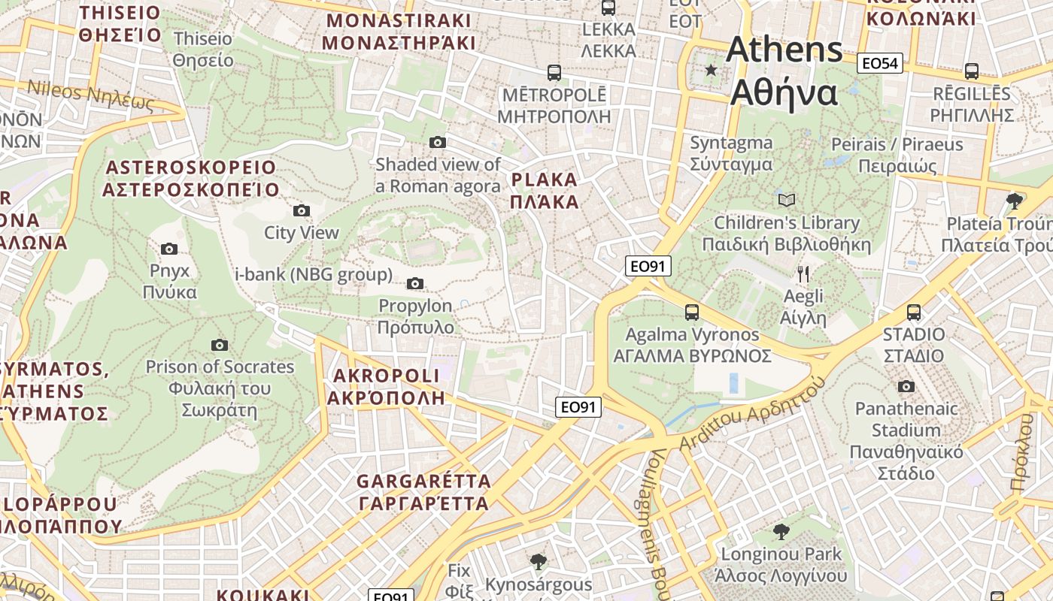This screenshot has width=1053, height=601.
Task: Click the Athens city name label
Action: coord(784,71)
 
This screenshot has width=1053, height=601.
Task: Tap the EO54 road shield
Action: coord(880,63)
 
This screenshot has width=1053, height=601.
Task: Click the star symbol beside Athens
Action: coord(711,70)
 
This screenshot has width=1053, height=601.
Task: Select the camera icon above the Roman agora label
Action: coord(437,142)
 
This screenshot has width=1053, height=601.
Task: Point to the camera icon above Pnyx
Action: coord(169,249)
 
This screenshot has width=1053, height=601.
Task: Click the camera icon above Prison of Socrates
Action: coord(219,345)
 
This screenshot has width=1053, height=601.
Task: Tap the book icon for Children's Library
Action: coord(786,200)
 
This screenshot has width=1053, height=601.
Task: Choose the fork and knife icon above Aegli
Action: coord(803,273)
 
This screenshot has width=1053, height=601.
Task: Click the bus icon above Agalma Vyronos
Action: coord(691,312)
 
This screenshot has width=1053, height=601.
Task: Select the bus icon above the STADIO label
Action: coord(914,312)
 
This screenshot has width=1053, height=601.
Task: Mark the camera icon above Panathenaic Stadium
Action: coord(906,386)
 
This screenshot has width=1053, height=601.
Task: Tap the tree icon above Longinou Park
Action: coord(781,532)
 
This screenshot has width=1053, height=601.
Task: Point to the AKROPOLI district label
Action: coord(385,386)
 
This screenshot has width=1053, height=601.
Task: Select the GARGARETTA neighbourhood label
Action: coord(423,492)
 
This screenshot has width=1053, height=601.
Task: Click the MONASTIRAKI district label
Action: coord(399,32)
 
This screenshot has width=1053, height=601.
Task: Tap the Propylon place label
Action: coord(416,316)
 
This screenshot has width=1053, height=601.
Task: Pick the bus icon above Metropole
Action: coord(554,72)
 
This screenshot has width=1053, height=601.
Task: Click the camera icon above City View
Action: coord(302,210)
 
